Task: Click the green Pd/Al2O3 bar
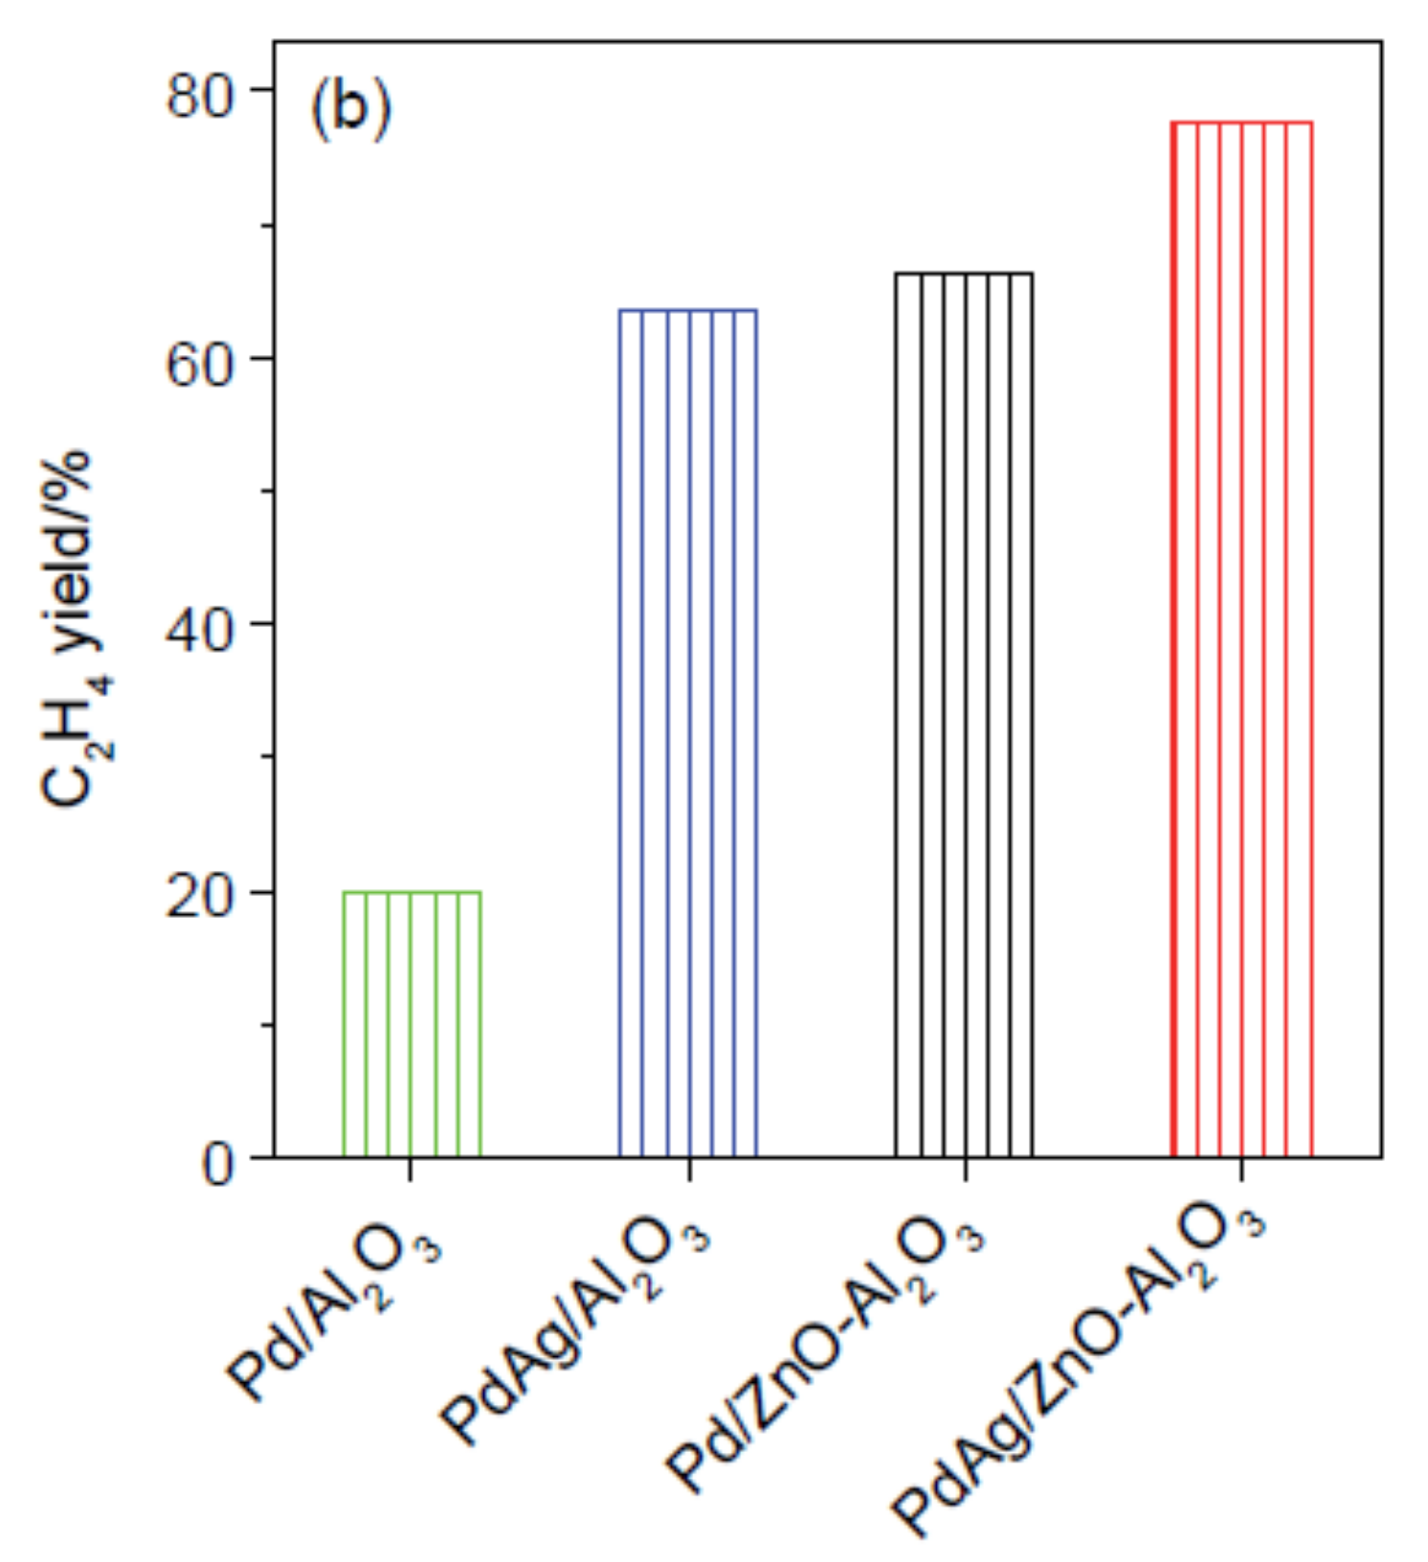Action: coord(412,1024)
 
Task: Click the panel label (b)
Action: coord(350,110)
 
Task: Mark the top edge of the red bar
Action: coord(1241,123)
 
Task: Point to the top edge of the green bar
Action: coord(412,892)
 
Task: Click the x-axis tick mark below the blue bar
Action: coord(689,1170)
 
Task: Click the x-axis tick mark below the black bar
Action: coord(965,1170)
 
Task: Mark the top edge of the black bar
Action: coord(964,274)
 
